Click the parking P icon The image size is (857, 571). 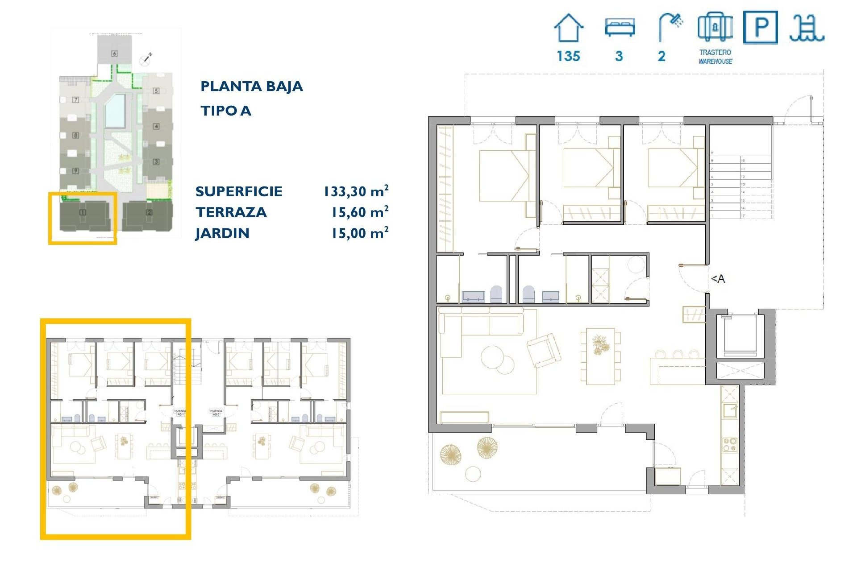click(760, 28)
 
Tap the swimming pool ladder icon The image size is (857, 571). click(807, 28)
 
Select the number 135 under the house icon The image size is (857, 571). click(568, 56)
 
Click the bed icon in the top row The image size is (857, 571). click(620, 27)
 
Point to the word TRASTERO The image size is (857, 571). click(715, 52)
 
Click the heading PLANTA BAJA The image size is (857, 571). click(251, 86)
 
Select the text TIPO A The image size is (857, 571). click(225, 111)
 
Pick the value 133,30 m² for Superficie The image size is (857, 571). click(356, 191)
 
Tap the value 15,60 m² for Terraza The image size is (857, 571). click(359, 212)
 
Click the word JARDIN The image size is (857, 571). click(222, 233)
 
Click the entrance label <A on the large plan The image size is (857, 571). click(718, 279)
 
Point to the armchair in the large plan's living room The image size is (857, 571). click(544, 350)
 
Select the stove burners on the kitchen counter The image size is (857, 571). click(730, 444)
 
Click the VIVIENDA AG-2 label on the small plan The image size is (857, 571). click(216, 412)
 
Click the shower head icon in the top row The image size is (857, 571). click(670, 27)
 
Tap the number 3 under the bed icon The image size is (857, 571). click(619, 56)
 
